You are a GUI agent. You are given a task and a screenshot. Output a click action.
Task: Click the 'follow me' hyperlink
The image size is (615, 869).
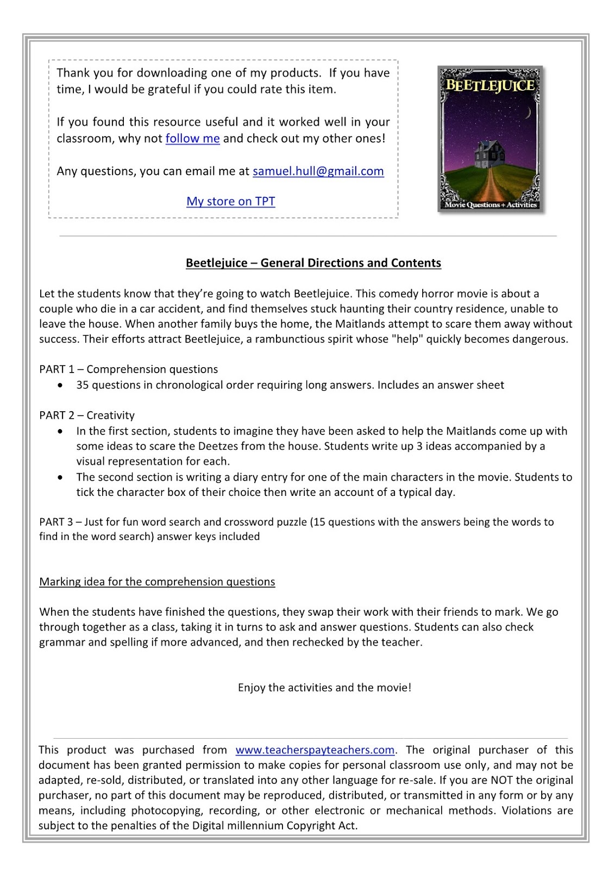[192, 138]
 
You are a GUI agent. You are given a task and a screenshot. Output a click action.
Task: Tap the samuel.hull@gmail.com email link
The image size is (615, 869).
[318, 171]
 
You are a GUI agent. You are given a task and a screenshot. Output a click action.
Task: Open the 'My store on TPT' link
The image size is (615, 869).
[230, 201]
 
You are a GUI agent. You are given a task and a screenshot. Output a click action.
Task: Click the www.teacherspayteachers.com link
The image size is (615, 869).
[315, 750]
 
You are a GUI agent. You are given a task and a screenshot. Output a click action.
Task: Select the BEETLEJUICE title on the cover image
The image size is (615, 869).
[490, 85]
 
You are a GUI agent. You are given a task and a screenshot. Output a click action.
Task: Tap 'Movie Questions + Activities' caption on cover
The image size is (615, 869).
[490, 205]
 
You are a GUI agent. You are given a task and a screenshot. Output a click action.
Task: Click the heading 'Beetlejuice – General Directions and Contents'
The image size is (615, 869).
[313, 263]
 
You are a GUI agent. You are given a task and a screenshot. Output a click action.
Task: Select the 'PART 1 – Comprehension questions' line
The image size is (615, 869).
[128, 369]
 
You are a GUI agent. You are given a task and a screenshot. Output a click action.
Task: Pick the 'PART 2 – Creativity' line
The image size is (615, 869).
[87, 415]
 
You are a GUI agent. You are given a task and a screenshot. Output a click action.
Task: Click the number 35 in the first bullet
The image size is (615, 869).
[83, 385]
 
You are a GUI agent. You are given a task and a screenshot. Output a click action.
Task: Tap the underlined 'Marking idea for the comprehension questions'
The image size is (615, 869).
[157, 582]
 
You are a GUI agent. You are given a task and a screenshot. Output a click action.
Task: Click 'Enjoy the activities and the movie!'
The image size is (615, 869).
[324, 688]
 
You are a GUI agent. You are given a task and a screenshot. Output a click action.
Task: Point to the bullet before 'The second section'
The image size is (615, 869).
[61, 477]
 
